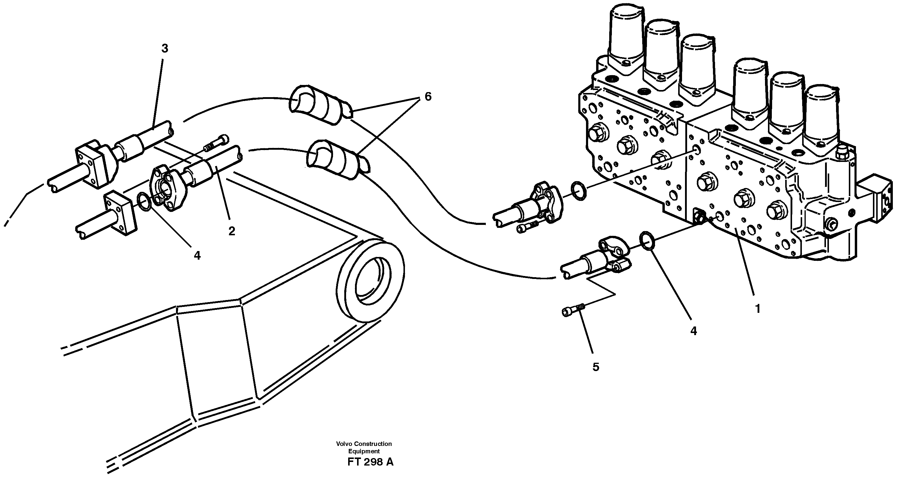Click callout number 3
click(164, 49)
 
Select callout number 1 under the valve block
click(757, 308)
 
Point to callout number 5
click(596, 367)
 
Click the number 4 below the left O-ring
click(197, 256)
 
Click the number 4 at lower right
click(694, 331)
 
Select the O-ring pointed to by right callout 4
click(647, 240)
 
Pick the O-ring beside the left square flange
click(144, 202)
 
